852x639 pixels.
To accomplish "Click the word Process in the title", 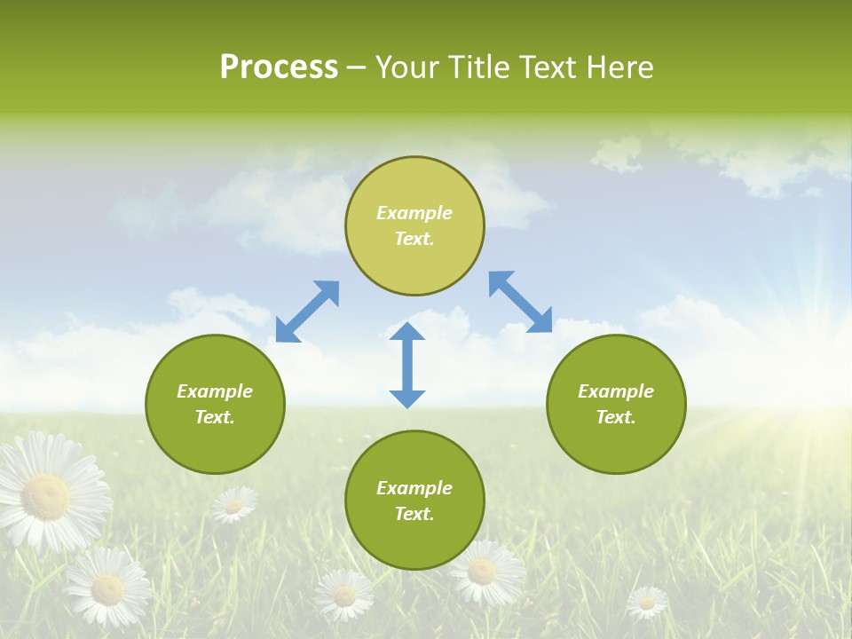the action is (279, 67).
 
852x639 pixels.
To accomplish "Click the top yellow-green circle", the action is (414, 225).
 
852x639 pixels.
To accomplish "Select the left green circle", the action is (215, 404).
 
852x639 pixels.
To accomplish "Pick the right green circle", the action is (616, 404).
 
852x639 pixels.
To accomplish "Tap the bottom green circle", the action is (414, 500).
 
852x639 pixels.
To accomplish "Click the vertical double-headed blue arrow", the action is (407, 365).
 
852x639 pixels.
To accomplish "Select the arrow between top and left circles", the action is (308, 312).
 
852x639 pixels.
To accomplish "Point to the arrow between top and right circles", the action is (521, 302).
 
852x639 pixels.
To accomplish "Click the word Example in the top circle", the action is (414, 213).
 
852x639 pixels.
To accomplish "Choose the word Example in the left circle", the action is (215, 391).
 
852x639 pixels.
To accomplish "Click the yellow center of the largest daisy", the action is (45, 496).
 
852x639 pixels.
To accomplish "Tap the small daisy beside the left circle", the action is (233, 505).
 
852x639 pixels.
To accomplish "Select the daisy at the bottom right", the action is (647, 603).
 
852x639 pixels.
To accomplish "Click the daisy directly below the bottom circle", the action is (481, 572).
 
